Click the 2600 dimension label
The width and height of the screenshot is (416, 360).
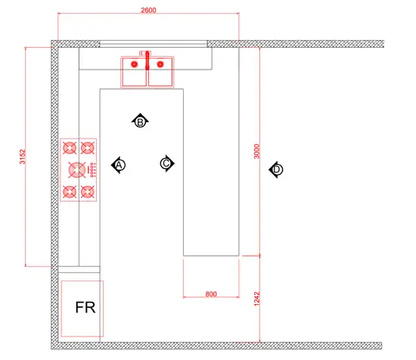pos(148,10)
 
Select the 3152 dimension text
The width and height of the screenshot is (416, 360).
pos(23,157)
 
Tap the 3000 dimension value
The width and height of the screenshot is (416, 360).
pos(256,151)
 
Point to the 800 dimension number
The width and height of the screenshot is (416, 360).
pos(211,294)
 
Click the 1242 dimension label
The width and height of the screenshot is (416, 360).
pos(256,299)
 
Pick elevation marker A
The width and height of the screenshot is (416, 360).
pos(119,165)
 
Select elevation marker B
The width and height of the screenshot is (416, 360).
pos(140,122)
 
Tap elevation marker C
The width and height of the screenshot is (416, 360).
pos(167,163)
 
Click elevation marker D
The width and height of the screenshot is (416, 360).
pos(276,169)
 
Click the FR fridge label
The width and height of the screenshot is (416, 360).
pos(85,308)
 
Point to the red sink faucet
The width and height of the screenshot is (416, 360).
pos(147,61)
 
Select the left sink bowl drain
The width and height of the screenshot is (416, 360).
pos(135,64)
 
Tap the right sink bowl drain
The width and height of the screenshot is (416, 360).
pos(160,64)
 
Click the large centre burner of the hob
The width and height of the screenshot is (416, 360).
pos(77,169)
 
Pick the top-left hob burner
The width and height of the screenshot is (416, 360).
pos(70,147)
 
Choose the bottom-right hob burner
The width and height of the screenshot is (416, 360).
pos(87,191)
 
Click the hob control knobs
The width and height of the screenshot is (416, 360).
pos(92,169)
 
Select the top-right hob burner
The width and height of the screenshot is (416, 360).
pos(87,147)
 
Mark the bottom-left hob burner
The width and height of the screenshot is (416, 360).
pos(70,191)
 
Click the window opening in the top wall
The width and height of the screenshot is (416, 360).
pos(154,44)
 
